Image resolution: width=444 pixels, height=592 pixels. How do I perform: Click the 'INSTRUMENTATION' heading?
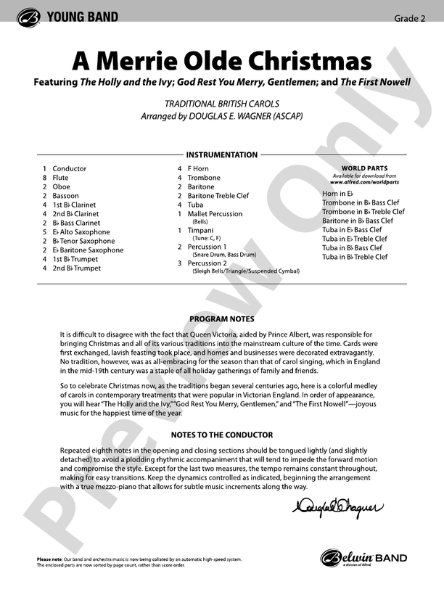(222, 155)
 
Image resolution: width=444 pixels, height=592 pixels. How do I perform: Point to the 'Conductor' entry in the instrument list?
(70, 169)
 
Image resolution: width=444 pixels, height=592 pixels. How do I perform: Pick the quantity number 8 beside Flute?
(45, 178)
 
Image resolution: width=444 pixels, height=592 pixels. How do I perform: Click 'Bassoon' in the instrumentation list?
(66, 196)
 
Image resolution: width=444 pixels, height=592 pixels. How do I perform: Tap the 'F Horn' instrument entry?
(198, 169)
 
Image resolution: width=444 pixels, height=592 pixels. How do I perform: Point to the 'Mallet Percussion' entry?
(215, 214)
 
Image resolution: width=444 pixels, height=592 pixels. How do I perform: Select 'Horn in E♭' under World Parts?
(337, 194)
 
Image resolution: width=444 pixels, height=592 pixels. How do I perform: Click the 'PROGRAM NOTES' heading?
(222, 319)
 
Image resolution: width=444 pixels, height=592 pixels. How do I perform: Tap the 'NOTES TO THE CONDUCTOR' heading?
(222, 435)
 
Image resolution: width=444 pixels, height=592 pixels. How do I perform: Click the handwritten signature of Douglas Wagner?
(336, 509)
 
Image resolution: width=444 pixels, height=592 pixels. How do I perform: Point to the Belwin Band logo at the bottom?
(363, 559)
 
